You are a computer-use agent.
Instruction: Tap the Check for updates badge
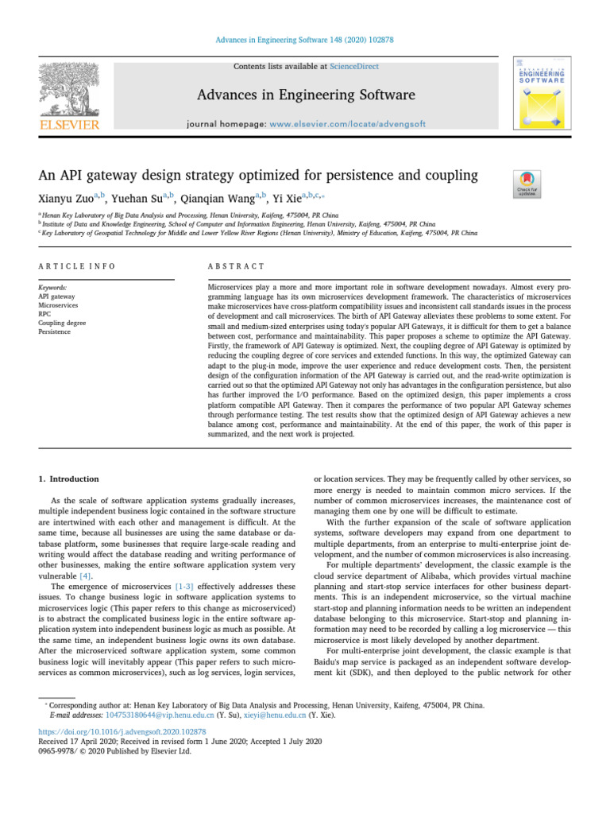coord(527,184)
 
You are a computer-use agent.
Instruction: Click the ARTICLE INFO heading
coord(76,266)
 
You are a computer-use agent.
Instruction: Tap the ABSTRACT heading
coord(236,266)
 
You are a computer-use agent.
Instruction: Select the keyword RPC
coord(44,314)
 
